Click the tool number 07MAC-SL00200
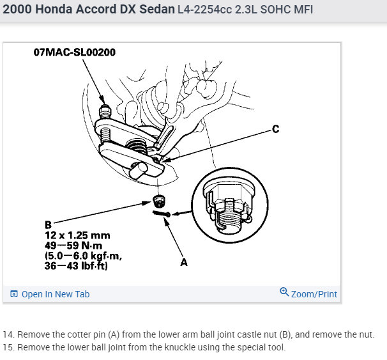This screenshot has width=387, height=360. tap(75, 52)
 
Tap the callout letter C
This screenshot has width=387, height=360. tap(276, 129)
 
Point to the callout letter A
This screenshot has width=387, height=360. tap(184, 262)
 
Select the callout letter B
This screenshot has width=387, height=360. tap(49, 225)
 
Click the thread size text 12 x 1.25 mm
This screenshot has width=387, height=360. tap(77, 235)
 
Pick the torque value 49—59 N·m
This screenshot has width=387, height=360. tap(73, 246)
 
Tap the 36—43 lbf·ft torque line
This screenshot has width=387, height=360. tap(76, 266)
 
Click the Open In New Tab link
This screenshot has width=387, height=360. tap(56, 294)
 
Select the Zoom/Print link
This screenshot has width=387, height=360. tap(314, 294)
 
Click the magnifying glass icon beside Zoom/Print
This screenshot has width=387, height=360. tap(284, 292)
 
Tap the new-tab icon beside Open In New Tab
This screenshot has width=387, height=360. tap(14, 293)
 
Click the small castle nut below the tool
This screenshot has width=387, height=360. tap(159, 201)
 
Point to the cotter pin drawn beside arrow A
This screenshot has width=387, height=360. tap(162, 214)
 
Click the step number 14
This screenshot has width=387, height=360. tap(8, 334)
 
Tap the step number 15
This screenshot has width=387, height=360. tap(8, 347)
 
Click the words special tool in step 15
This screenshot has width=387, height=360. tap(261, 347)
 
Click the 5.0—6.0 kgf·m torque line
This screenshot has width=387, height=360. tap(84, 256)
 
